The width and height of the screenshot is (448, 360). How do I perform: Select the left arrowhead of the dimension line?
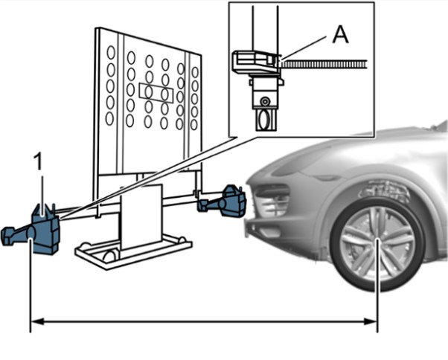(36, 322)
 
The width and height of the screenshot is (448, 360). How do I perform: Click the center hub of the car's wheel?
(378, 240)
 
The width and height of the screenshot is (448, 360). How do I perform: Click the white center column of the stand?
(141, 216)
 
